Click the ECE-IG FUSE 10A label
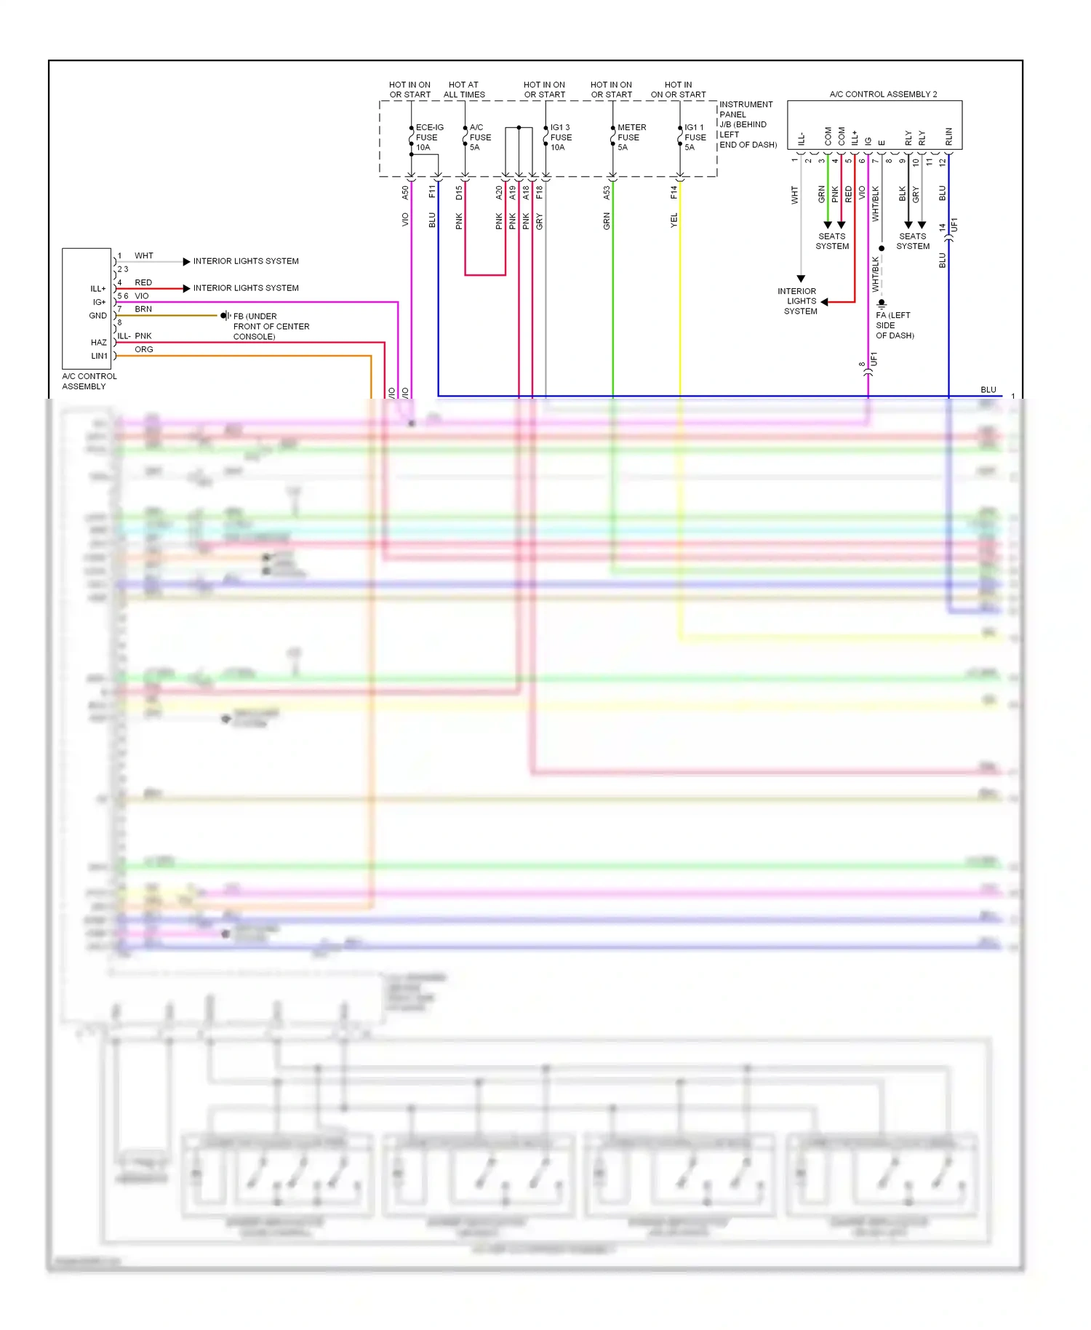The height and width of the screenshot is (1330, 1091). (x=429, y=137)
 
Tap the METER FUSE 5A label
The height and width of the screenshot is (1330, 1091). (x=631, y=137)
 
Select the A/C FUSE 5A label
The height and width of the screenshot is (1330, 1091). (x=480, y=137)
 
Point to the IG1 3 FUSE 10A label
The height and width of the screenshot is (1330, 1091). (x=561, y=137)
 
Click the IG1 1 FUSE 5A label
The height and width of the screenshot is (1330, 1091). (x=695, y=137)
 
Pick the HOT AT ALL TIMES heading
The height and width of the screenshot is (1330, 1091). (x=464, y=89)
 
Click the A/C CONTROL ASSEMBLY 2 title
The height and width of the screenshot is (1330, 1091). (x=883, y=94)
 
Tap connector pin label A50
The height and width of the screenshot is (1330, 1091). (x=405, y=193)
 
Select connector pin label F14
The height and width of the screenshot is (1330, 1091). (x=674, y=193)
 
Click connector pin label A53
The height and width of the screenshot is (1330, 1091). (x=607, y=193)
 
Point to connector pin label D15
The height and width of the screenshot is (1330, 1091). (x=459, y=193)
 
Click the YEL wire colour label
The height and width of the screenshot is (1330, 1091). (x=674, y=220)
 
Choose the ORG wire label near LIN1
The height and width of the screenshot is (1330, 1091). (x=144, y=349)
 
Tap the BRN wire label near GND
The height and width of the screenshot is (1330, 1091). (x=143, y=309)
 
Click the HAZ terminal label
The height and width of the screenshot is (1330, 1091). (x=99, y=342)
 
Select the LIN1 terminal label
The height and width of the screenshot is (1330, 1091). (x=99, y=356)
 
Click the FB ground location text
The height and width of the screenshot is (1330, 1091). (x=271, y=326)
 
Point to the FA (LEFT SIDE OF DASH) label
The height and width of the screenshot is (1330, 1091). (x=895, y=325)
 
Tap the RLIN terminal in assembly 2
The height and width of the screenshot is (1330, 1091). (x=948, y=136)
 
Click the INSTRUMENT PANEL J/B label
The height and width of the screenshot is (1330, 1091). (x=748, y=124)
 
